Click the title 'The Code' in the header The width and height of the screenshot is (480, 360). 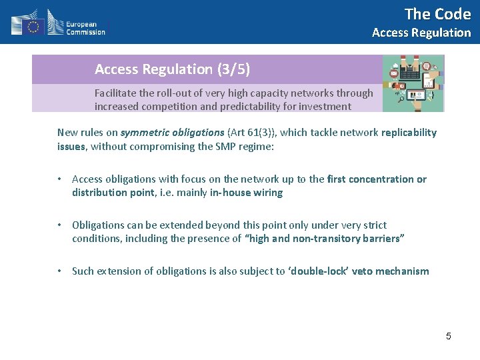(x=437, y=13)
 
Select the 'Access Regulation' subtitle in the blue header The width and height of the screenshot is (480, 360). (x=421, y=33)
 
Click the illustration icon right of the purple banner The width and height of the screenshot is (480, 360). (x=413, y=83)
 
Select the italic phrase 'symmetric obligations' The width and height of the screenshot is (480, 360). (x=172, y=133)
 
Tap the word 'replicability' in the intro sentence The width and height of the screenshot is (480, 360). (x=409, y=133)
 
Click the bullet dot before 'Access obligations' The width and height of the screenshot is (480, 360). (x=60, y=179)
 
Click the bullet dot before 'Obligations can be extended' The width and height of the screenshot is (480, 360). (x=60, y=225)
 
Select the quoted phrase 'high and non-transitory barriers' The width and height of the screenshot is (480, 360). (x=324, y=239)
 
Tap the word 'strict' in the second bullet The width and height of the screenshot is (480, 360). (x=373, y=225)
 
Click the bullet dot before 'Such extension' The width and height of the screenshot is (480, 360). (x=60, y=271)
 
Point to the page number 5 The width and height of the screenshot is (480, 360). (x=448, y=336)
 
